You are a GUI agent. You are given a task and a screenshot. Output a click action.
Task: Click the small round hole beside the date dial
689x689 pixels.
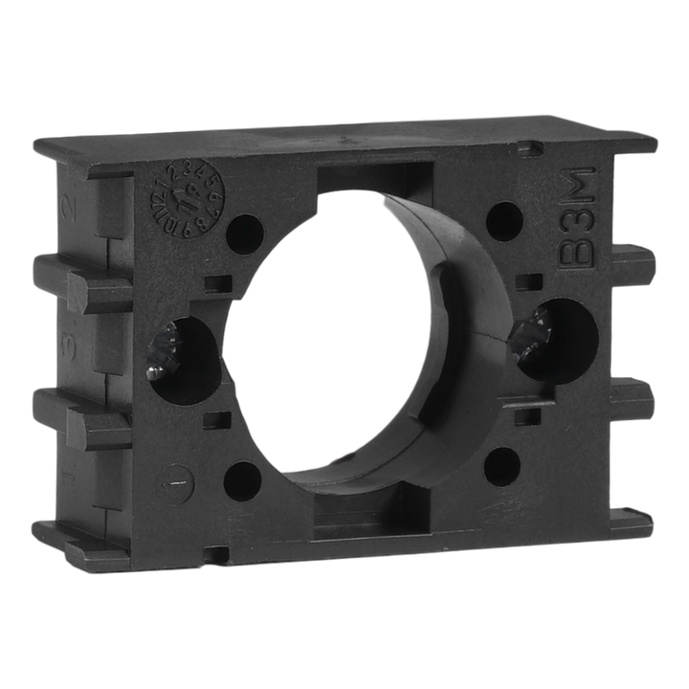(245, 229)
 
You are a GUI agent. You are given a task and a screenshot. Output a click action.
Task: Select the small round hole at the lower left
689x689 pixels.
(242, 478)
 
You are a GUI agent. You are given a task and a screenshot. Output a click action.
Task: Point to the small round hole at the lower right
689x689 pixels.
(501, 466)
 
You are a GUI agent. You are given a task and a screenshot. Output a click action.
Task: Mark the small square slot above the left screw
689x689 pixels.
(219, 283)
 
